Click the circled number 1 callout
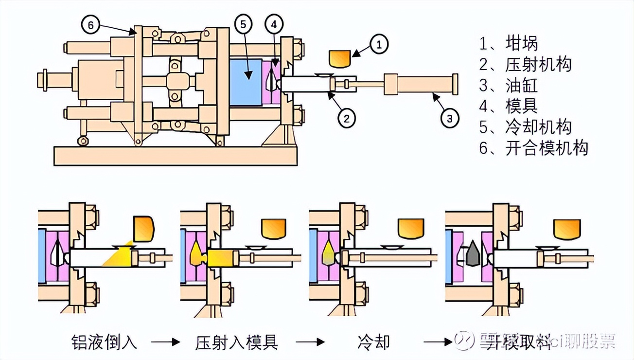click(379, 44)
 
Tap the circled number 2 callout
click(347, 118)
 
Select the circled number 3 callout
click(450, 118)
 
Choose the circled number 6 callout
click(90, 25)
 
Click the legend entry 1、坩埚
click(509, 44)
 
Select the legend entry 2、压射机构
click(525, 64)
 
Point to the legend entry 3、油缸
click(509, 85)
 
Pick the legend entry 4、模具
click(509, 106)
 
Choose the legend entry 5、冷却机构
click(525, 126)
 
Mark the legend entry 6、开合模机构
click(533, 147)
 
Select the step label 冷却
click(373, 342)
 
